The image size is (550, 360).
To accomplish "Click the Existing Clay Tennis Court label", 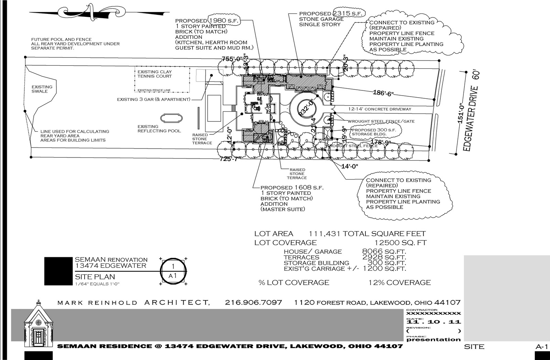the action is point(154,74).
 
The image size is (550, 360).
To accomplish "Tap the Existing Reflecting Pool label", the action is point(159,129).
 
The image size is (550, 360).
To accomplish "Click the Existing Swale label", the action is point(42,89).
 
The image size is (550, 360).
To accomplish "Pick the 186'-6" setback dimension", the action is point(383,92).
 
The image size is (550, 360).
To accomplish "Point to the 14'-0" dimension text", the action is point(350,166).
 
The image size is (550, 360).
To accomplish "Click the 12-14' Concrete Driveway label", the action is point(379,109).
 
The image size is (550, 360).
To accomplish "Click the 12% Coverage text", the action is point(399,283).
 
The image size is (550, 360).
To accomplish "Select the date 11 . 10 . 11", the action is point(433,322).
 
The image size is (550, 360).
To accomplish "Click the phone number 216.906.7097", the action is point(253,303).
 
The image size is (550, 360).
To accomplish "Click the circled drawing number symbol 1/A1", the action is point(173,271).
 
